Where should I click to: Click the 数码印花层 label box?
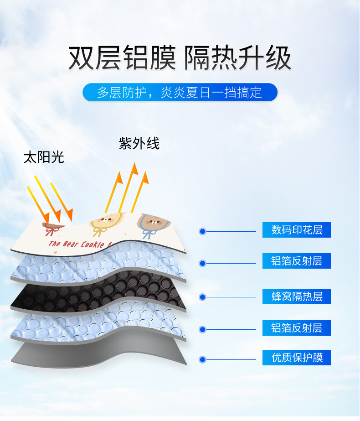point(297,230)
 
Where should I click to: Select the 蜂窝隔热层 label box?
point(297,296)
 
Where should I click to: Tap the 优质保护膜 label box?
point(297,358)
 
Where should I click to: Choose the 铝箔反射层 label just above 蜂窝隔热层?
point(297,261)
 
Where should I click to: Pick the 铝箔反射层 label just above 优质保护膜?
point(297,328)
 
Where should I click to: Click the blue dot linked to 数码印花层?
point(202,232)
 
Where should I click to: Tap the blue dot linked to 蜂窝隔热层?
point(202,297)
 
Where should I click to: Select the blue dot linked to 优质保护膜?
point(202,359)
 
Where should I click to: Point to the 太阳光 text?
point(44,158)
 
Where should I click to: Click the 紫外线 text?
point(139,143)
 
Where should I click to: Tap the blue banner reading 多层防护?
point(180,92)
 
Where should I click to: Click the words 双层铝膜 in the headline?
point(122,58)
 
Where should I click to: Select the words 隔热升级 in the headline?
point(237,58)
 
